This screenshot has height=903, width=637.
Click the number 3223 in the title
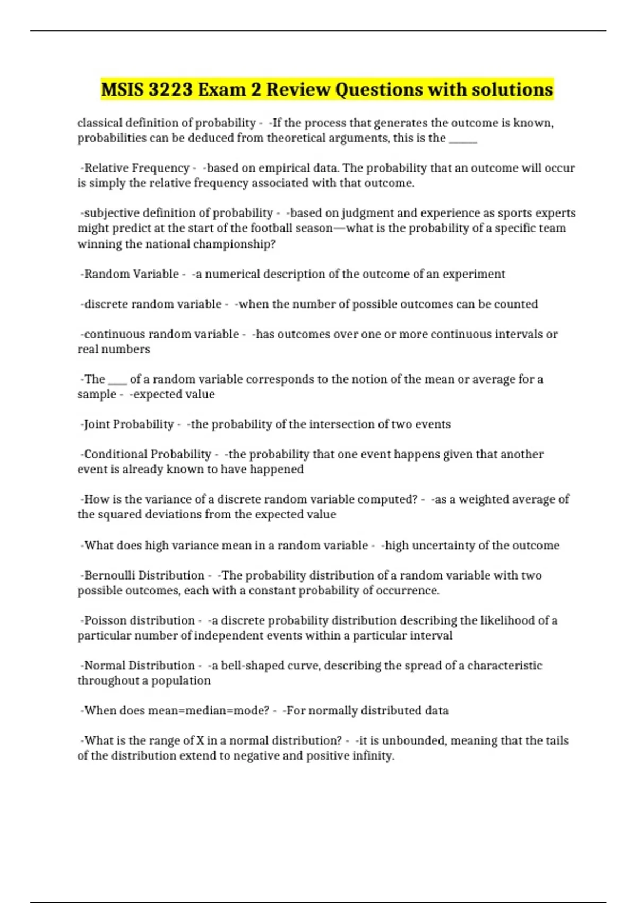click(x=170, y=89)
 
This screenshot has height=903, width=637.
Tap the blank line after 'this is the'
click(x=463, y=140)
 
